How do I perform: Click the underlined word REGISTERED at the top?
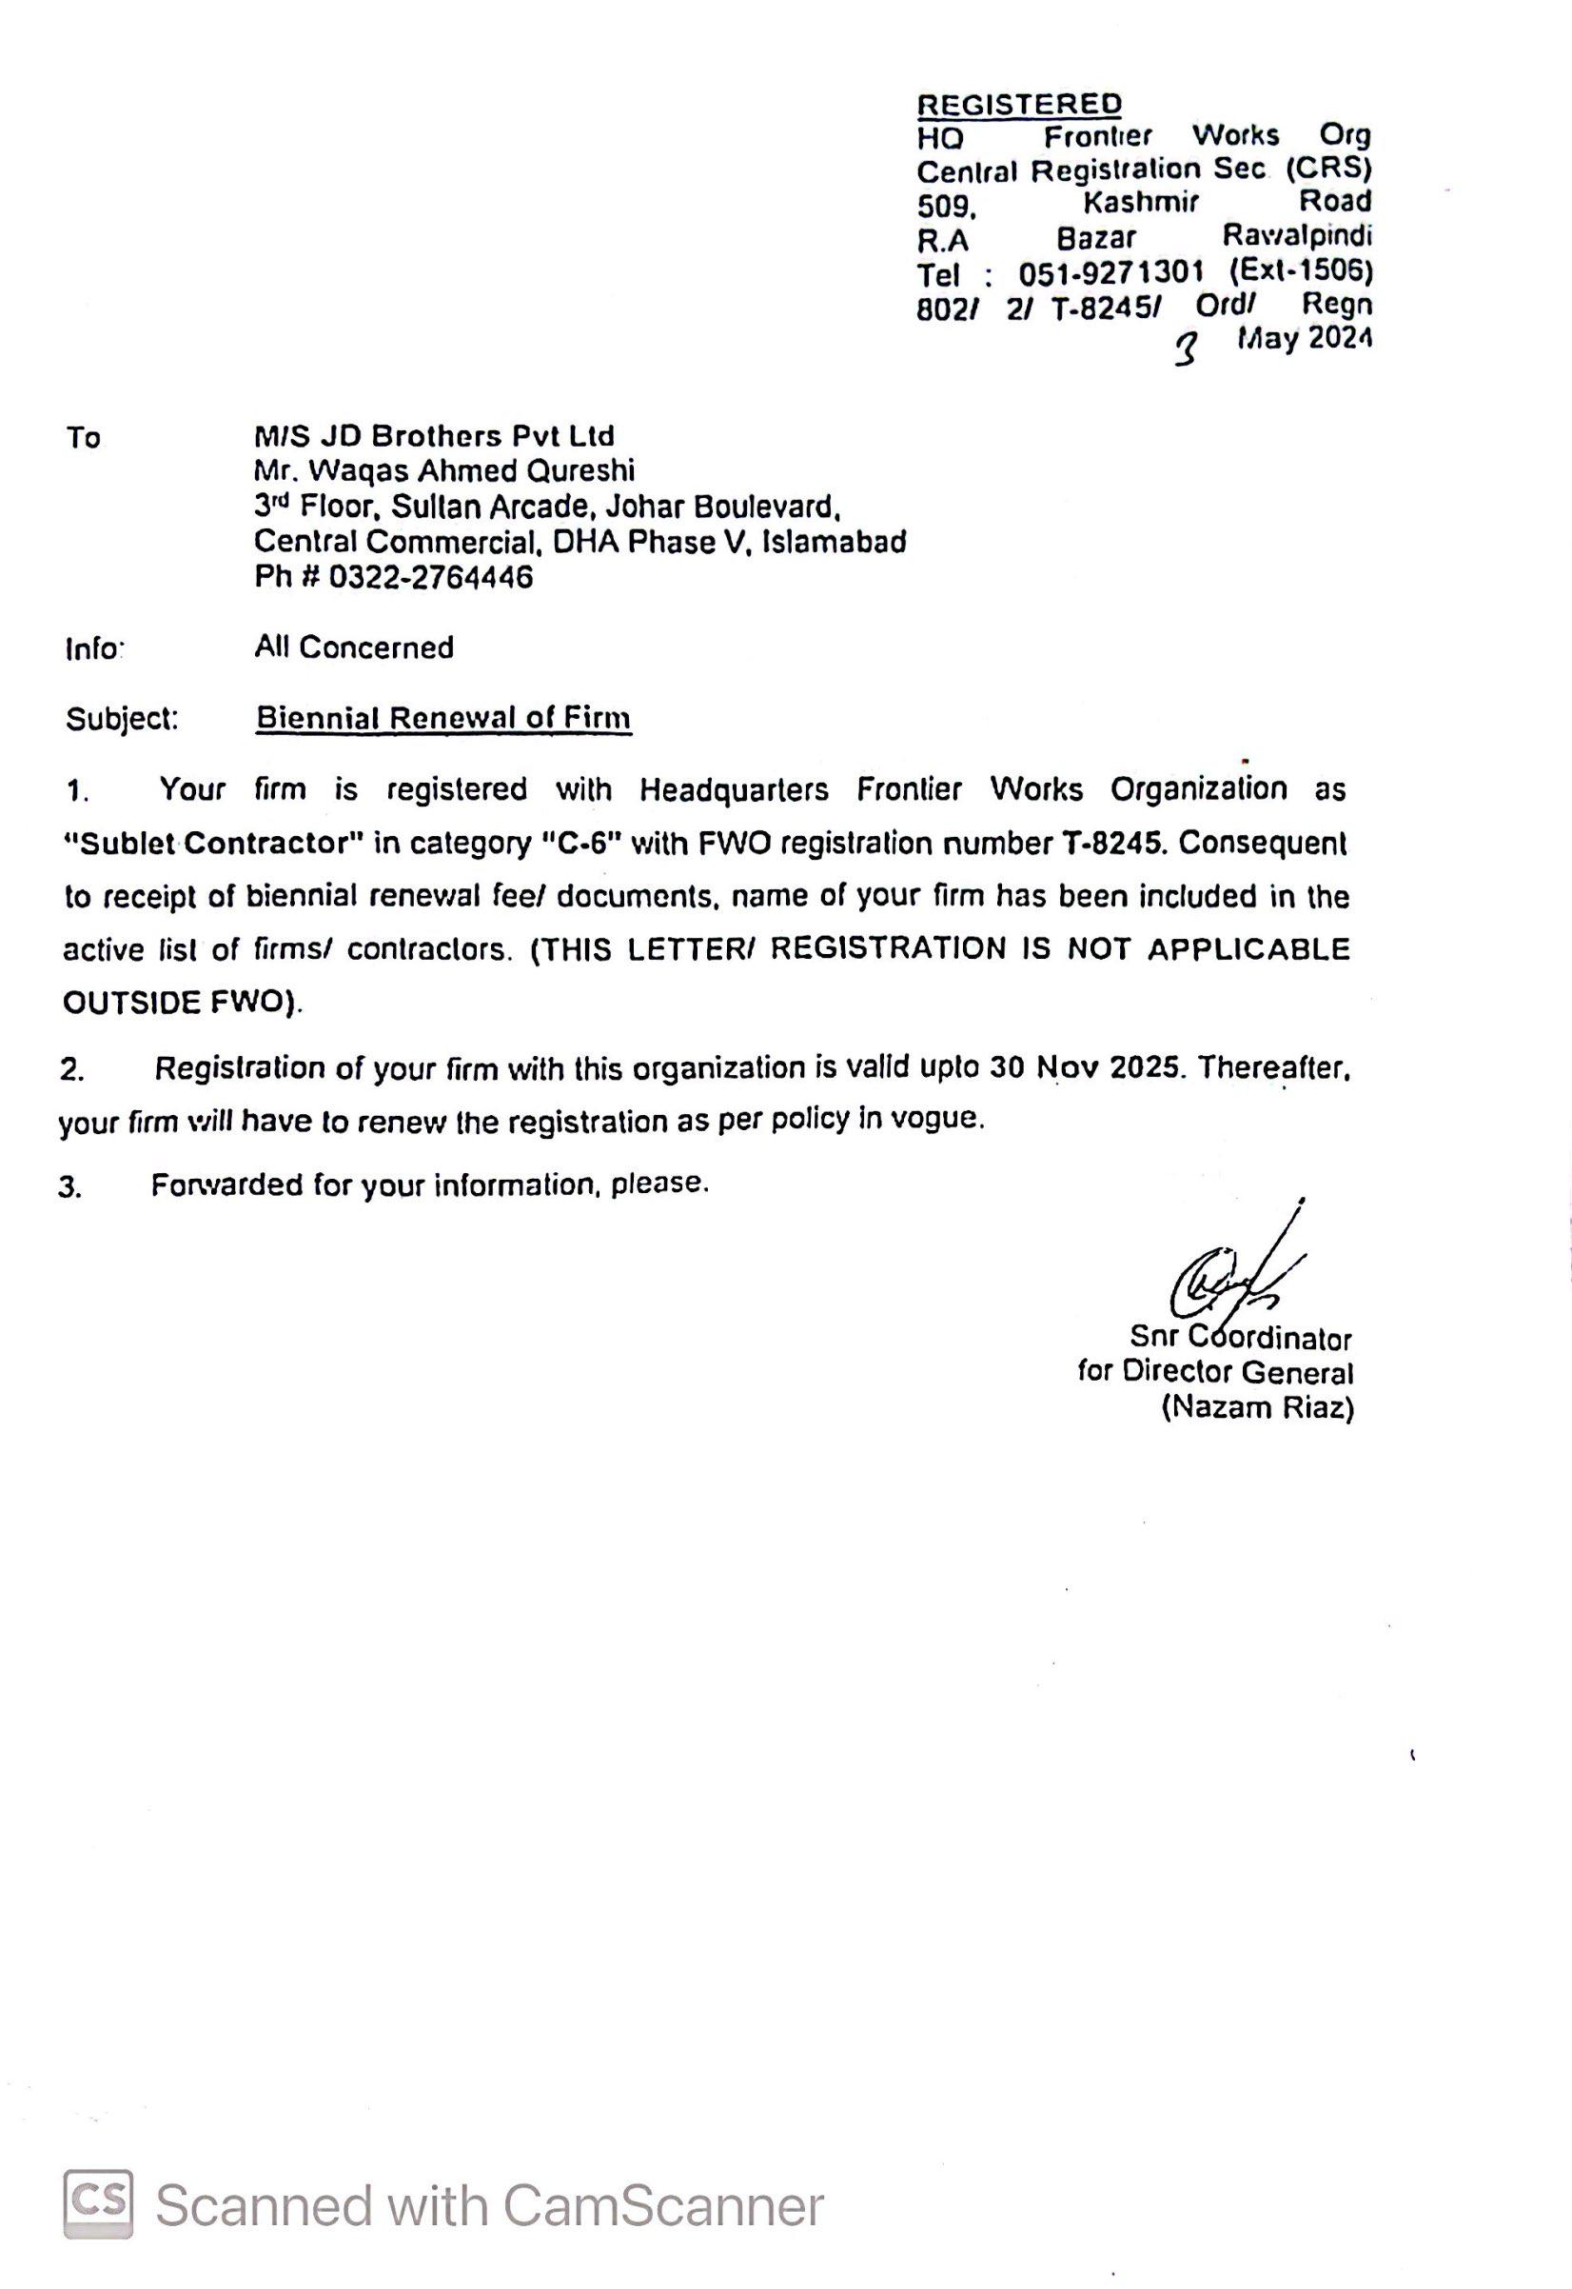(1019, 103)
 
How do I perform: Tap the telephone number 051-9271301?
(1111, 272)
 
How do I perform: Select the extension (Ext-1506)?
(1300, 269)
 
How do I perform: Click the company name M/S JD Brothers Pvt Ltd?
(434, 435)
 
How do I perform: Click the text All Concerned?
(354, 647)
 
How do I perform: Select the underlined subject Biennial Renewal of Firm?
(443, 718)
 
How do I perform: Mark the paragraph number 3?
(69, 1187)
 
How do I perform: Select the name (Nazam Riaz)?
(1258, 1408)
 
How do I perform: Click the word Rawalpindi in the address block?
(1297, 235)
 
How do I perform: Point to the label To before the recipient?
(84, 437)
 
